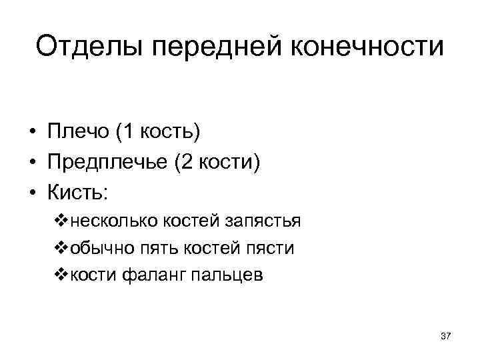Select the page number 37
[x=446, y=337]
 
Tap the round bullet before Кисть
[x=31, y=193]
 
